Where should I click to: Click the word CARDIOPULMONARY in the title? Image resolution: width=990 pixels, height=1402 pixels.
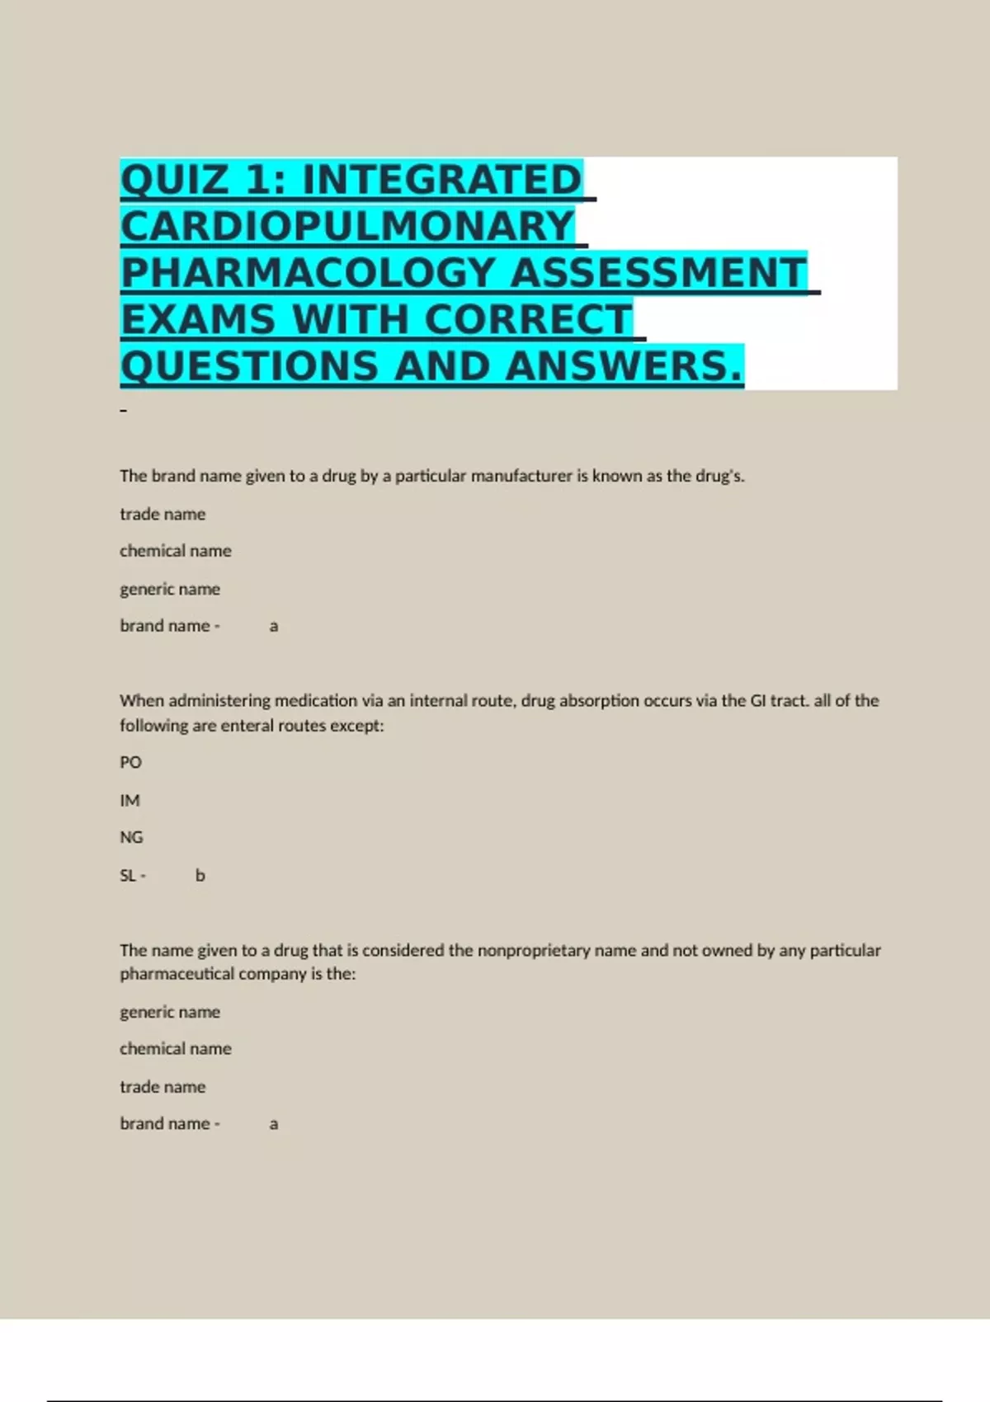point(347,227)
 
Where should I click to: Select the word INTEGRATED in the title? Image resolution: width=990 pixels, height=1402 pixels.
point(442,181)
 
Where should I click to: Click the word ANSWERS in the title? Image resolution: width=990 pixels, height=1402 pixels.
point(624,367)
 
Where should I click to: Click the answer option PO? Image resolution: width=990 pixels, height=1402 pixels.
point(130,763)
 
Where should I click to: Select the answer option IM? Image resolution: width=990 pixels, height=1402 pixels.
point(130,800)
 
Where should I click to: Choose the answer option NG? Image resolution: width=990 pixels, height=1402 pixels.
point(131,837)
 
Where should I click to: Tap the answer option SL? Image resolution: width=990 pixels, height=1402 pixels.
point(128,875)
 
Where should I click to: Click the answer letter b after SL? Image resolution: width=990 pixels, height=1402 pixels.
point(200,875)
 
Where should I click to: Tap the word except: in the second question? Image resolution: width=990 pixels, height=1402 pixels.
point(356,726)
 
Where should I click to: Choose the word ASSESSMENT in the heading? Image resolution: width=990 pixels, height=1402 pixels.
point(658,274)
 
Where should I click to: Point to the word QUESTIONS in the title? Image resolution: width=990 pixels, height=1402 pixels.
point(250,367)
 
